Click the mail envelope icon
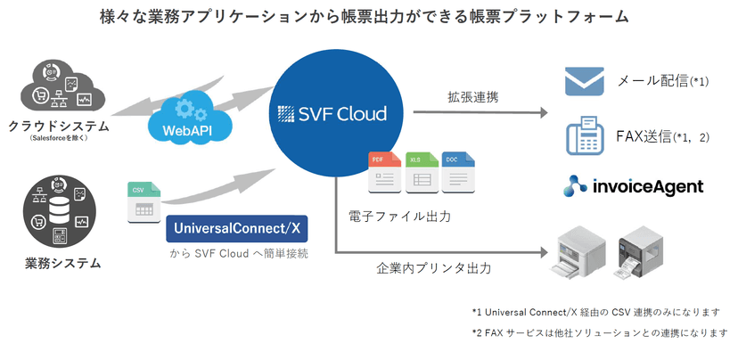click(585, 83)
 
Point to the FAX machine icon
click(585, 138)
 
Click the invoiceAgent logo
click(634, 186)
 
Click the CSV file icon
click(143, 203)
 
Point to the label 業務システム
click(62, 263)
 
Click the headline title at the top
click(365, 17)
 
